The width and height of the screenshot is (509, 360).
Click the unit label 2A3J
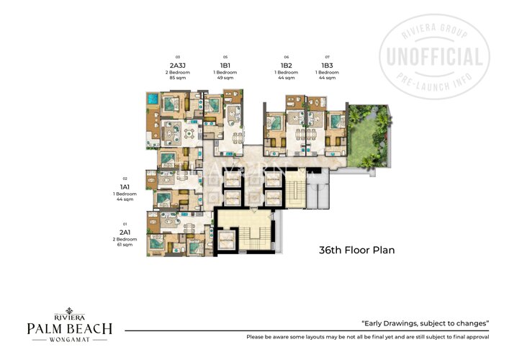pos(176,66)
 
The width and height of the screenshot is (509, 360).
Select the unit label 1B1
pos(225,66)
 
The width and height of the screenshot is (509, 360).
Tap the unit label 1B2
pos(287,66)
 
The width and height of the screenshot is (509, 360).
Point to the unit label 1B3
pos(328,66)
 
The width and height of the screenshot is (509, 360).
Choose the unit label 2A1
pos(125,233)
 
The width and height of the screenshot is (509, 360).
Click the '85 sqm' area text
pos(176,78)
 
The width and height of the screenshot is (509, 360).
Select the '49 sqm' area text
pos(225,78)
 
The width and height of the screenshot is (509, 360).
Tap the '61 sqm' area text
pos(125,245)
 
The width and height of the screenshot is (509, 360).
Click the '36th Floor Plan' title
pos(357,251)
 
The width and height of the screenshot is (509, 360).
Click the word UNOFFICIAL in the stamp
pos(435,57)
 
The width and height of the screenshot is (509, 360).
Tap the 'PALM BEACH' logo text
pos(70,329)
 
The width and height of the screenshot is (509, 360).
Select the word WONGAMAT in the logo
pos(70,340)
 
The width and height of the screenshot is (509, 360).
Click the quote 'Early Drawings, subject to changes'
pos(425,324)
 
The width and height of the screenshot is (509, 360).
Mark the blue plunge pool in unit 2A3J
pos(152,99)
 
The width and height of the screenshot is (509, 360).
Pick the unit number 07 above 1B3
pos(328,57)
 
